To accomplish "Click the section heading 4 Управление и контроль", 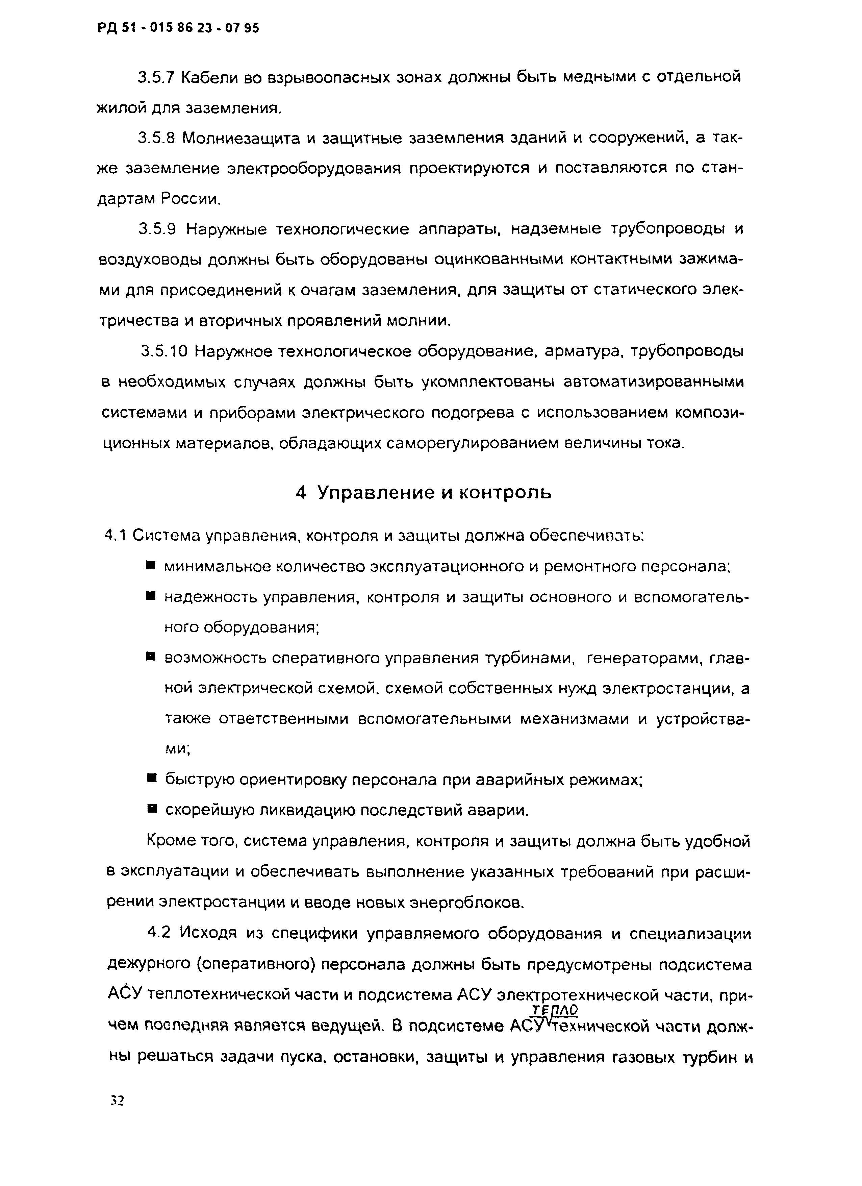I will [x=424, y=493].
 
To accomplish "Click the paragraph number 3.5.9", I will [x=157, y=229].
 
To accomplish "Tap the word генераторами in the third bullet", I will [x=643, y=658].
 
